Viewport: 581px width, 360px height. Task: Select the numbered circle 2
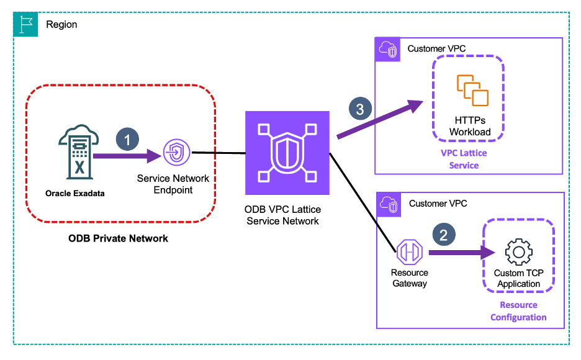pos(443,234)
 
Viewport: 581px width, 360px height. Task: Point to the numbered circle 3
pos(359,108)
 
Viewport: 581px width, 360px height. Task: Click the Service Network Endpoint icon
pos(174,152)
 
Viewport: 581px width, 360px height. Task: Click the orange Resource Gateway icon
pos(410,253)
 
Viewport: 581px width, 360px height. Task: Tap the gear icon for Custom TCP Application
pos(518,253)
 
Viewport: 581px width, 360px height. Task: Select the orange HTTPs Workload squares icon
pos(472,89)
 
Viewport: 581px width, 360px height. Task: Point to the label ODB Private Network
pos(119,238)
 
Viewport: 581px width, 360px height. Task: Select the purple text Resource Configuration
pos(518,311)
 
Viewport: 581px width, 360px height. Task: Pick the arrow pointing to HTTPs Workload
pos(379,120)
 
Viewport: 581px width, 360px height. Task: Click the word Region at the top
pos(61,24)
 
